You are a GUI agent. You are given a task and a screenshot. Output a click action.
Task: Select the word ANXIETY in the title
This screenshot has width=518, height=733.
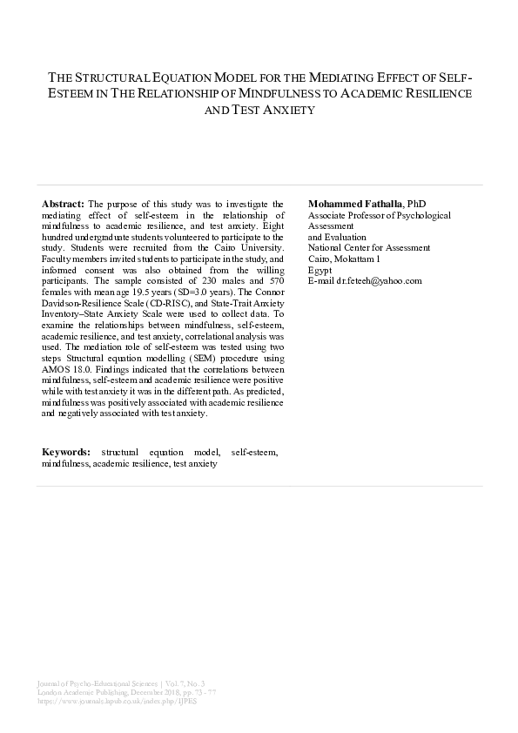[283, 110]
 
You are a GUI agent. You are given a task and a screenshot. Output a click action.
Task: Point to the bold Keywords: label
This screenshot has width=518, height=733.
[66, 453]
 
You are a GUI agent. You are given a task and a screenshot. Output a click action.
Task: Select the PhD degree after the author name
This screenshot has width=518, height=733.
[417, 203]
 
